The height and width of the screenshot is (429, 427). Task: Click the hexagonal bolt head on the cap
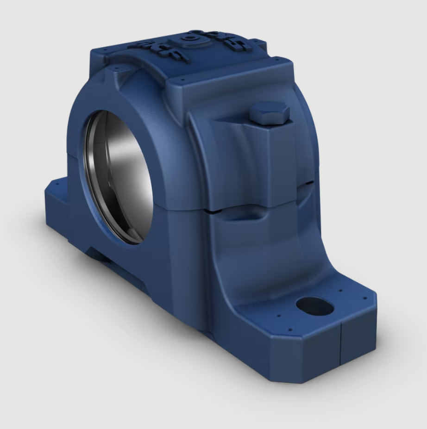(269, 113)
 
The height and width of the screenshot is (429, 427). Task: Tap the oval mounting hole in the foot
(314, 305)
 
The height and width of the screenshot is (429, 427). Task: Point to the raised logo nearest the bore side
(159, 50)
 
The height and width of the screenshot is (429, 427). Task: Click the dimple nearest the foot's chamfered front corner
(290, 330)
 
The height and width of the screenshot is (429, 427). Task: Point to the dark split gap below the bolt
(259, 211)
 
